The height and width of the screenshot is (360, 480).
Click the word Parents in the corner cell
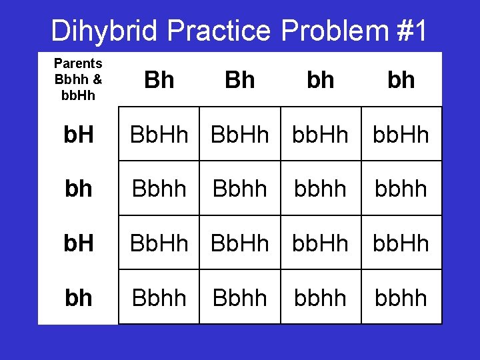click(78, 64)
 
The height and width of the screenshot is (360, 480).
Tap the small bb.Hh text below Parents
click(78, 95)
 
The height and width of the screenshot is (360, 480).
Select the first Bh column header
click(159, 80)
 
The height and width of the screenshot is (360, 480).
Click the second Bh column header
click(240, 80)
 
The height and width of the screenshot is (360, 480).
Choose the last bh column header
click(401, 80)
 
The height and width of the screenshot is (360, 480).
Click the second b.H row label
click(78, 243)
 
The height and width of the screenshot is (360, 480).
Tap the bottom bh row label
click(78, 297)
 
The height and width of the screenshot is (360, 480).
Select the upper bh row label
click(78, 189)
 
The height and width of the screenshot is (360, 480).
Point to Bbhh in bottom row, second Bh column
click(240, 297)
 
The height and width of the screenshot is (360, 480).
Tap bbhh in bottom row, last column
click(401, 297)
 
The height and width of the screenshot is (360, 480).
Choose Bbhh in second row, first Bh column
click(159, 189)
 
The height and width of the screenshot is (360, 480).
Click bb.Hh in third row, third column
click(321, 243)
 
